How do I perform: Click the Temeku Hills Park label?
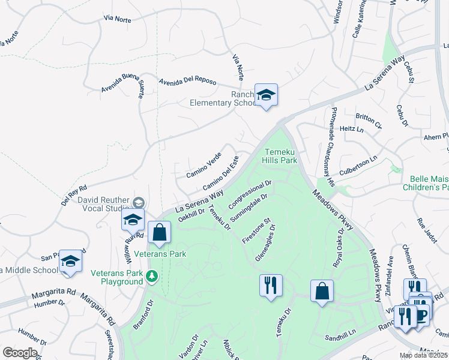point(281,156)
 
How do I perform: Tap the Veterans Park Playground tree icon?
point(152,275)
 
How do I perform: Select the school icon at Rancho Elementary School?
point(266,95)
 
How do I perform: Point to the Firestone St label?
point(257,230)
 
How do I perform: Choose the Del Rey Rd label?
point(74,194)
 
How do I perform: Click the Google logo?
point(20,353)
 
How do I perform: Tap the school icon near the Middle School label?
point(70,261)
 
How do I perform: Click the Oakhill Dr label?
point(192,214)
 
